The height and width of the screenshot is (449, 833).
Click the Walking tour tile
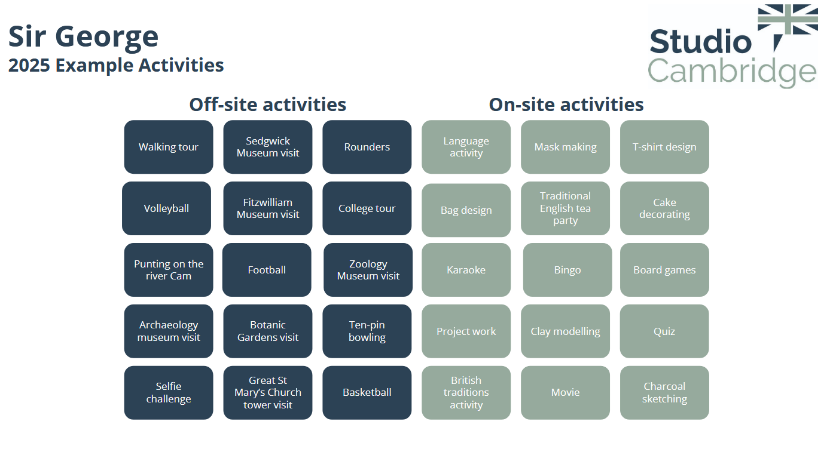169,147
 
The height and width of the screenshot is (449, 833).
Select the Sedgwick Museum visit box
268,147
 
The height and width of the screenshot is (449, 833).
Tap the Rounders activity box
367,147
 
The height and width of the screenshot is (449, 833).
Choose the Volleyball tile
167,208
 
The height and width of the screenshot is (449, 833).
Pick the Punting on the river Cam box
169,270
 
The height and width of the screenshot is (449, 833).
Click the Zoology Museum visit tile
368,270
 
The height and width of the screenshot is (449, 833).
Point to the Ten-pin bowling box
367,331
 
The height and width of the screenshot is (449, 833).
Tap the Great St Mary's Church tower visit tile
268,392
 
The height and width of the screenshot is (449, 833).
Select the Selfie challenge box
169,392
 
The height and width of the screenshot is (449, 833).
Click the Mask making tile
565,147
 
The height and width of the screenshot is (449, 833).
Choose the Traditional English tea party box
565,208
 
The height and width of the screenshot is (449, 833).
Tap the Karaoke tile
466,270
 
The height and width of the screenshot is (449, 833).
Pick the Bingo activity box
567,270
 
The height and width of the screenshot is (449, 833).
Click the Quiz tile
664,331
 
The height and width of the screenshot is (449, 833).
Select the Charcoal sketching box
664,392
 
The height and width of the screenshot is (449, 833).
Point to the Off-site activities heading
268,104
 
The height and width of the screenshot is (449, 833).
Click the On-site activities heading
566,104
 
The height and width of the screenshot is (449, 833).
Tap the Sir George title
83,38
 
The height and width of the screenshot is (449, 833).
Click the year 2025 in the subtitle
29,65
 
